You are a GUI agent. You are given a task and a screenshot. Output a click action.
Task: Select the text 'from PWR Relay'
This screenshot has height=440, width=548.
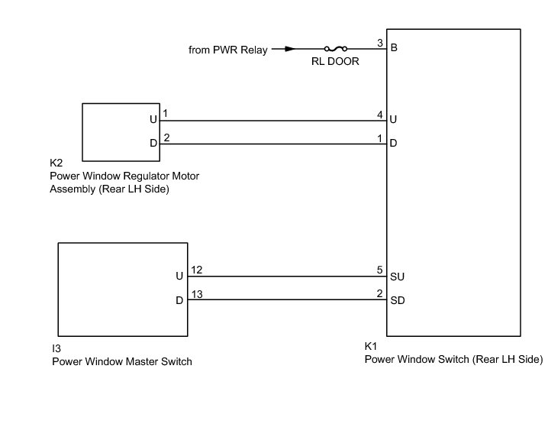(x=228, y=50)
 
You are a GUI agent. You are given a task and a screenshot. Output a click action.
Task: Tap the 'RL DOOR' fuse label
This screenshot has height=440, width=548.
(x=334, y=63)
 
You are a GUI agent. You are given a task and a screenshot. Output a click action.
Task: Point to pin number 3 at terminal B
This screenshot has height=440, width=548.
(x=379, y=42)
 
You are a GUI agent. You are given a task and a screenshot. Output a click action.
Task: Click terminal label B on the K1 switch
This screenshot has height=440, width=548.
(x=394, y=49)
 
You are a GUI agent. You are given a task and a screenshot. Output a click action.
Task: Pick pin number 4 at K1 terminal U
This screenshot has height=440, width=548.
(x=379, y=114)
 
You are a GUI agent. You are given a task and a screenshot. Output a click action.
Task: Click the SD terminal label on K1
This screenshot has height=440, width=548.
(x=397, y=300)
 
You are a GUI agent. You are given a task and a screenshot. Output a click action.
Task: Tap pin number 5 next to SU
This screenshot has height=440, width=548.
(x=379, y=270)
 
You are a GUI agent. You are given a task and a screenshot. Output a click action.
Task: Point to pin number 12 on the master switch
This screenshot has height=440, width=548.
(x=196, y=270)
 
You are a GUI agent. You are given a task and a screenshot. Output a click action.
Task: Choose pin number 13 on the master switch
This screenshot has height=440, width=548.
(x=196, y=294)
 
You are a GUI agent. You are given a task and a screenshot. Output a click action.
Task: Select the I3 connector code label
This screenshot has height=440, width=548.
(x=56, y=348)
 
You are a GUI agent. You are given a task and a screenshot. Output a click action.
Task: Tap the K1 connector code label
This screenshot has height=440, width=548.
(x=371, y=345)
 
